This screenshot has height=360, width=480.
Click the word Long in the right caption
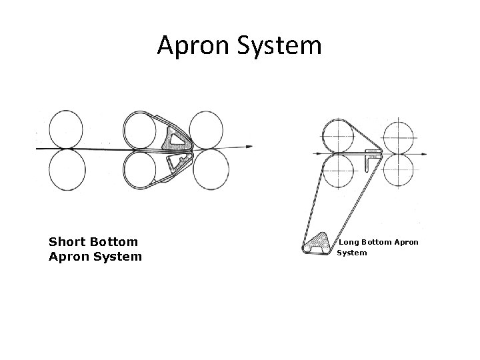pyautogui.click(x=351, y=242)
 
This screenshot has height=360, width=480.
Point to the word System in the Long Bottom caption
pyautogui.click(x=352, y=253)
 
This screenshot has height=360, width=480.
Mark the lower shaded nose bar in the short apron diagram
pyautogui.click(x=176, y=161)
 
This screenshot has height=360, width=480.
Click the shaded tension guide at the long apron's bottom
pyautogui.click(x=319, y=241)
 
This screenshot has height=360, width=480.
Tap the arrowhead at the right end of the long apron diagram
pyautogui.click(x=424, y=154)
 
